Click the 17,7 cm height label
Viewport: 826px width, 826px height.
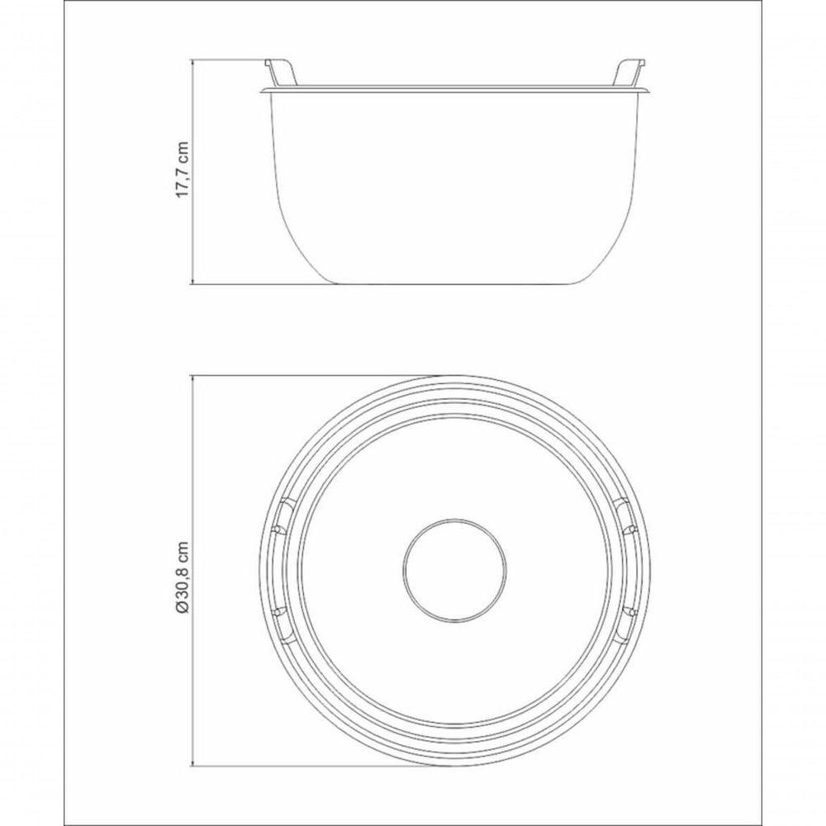click(183, 169)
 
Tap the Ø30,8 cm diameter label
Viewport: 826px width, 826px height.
click(183, 577)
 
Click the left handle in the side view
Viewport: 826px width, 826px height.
click(281, 72)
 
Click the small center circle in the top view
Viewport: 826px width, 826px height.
click(454, 569)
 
